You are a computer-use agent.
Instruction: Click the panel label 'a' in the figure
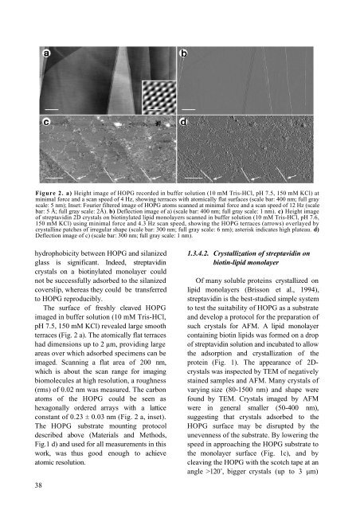[47, 53]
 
